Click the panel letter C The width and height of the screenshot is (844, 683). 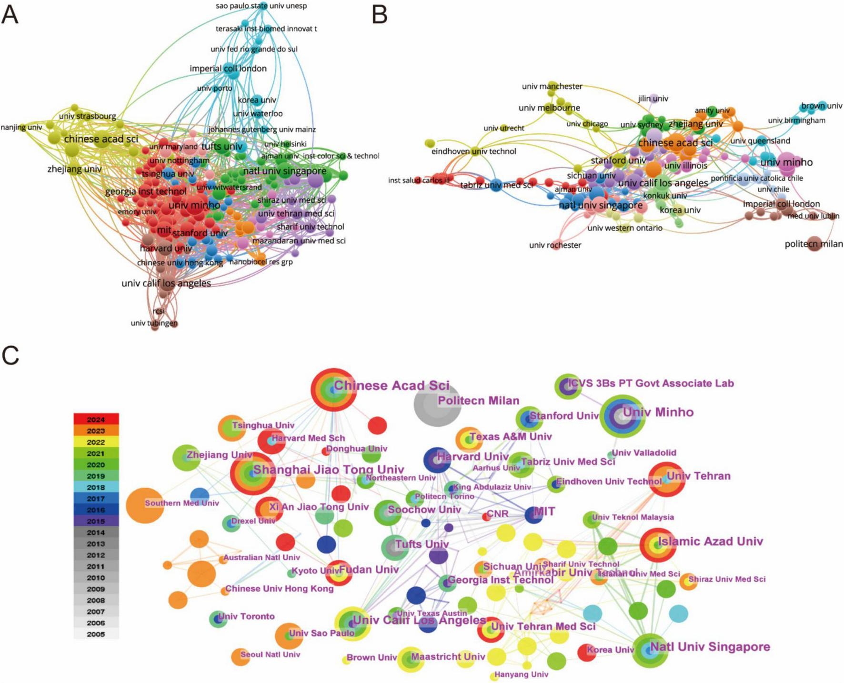[x=10, y=355]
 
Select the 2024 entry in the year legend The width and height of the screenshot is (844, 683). [x=96, y=420]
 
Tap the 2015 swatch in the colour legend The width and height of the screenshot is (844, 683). [x=96, y=521]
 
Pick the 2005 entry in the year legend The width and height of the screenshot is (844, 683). [x=96, y=634]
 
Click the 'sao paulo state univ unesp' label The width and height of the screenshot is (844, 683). [x=261, y=6]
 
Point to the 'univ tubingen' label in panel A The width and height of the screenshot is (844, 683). [x=154, y=323]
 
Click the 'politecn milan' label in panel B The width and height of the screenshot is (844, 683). [x=814, y=244]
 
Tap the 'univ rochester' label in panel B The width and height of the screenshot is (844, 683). [x=555, y=245]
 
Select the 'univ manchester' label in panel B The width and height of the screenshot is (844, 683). [x=552, y=86]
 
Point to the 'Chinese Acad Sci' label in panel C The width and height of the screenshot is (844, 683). [x=392, y=385]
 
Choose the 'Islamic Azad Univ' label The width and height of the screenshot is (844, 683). [x=710, y=541]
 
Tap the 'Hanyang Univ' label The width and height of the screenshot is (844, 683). [x=521, y=674]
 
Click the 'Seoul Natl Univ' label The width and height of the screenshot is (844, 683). [x=270, y=654]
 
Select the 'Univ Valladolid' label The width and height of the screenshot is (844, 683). [x=643, y=452]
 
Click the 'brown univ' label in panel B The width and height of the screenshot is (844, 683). [x=822, y=106]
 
